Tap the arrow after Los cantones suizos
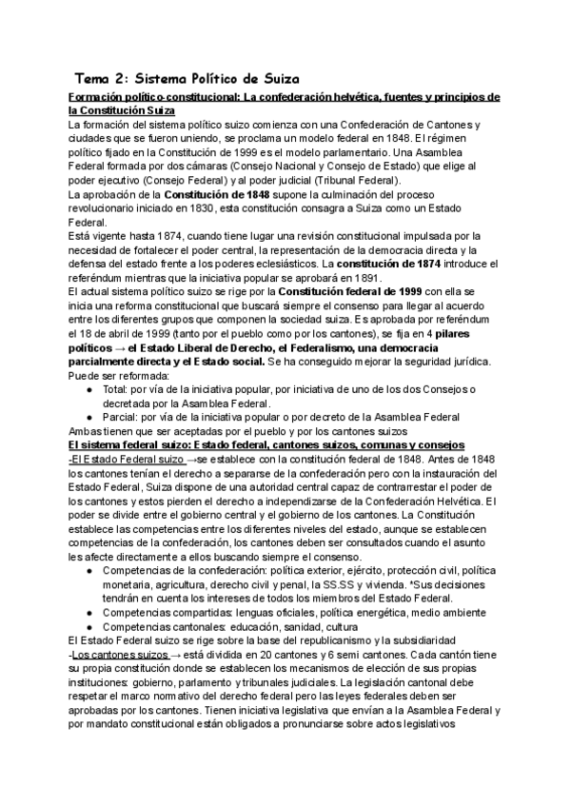[x=162, y=656]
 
